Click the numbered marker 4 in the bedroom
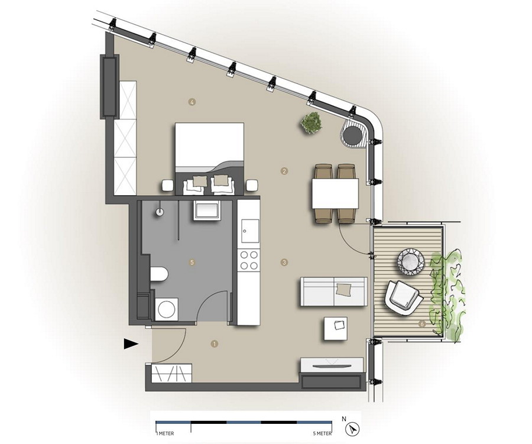[192, 102]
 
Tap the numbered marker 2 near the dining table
[284, 171]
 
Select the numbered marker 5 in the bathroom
[192, 261]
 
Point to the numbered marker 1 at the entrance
[215, 343]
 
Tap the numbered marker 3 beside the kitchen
[284, 262]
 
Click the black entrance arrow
[131, 343]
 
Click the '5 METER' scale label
[322, 433]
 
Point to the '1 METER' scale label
[165, 433]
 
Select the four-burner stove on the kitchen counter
[249, 261]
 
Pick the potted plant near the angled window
[311, 123]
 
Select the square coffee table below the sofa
[338, 329]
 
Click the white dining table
[335, 194]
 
